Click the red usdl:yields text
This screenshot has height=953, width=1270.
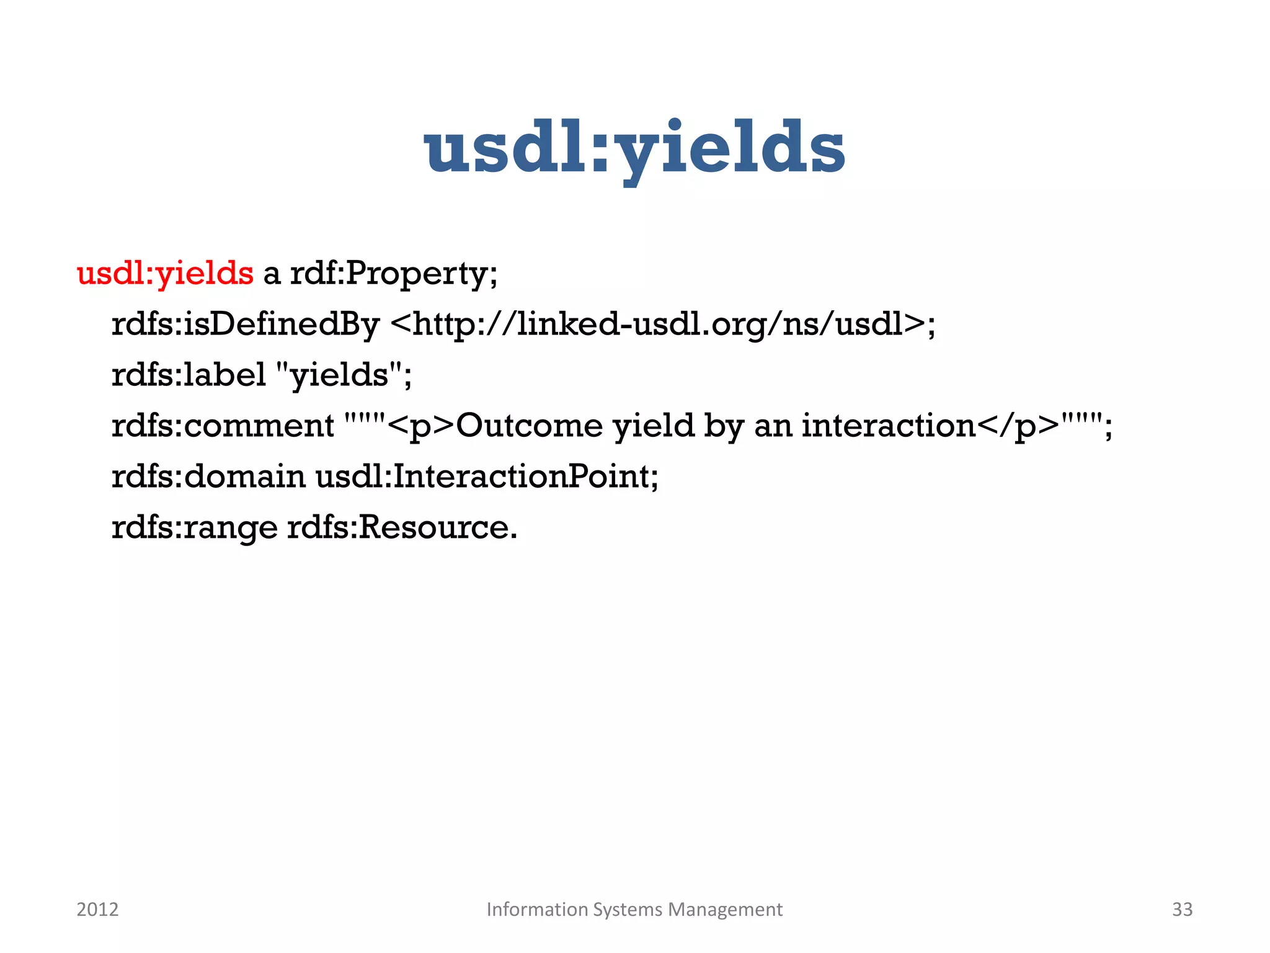[x=164, y=273]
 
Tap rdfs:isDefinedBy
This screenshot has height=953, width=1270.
[x=245, y=324]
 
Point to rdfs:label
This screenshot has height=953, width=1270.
[x=189, y=375]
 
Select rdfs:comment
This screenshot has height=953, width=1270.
[x=223, y=426]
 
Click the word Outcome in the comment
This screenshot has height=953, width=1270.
[x=529, y=426]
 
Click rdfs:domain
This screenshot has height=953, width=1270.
[x=208, y=476]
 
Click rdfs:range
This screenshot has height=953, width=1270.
[x=194, y=527]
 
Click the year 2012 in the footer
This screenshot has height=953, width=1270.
[x=97, y=909]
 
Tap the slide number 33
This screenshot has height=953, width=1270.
[x=1182, y=909]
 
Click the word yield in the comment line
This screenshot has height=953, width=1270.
[x=654, y=426]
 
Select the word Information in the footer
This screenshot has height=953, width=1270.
[x=537, y=909]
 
